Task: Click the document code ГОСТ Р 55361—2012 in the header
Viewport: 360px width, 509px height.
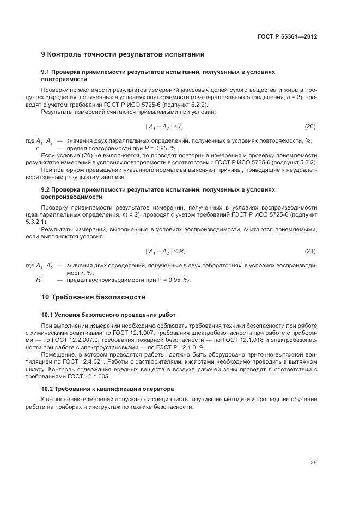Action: tap(287, 37)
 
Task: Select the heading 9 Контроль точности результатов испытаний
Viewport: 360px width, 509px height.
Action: tap(123, 54)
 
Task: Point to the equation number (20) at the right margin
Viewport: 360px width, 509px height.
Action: tap(310, 126)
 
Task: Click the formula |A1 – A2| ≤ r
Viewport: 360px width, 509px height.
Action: tap(164, 126)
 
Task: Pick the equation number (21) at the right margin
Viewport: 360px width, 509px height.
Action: tap(310, 251)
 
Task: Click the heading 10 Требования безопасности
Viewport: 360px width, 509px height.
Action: tap(93, 297)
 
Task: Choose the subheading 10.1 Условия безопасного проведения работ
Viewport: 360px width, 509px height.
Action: tap(108, 315)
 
